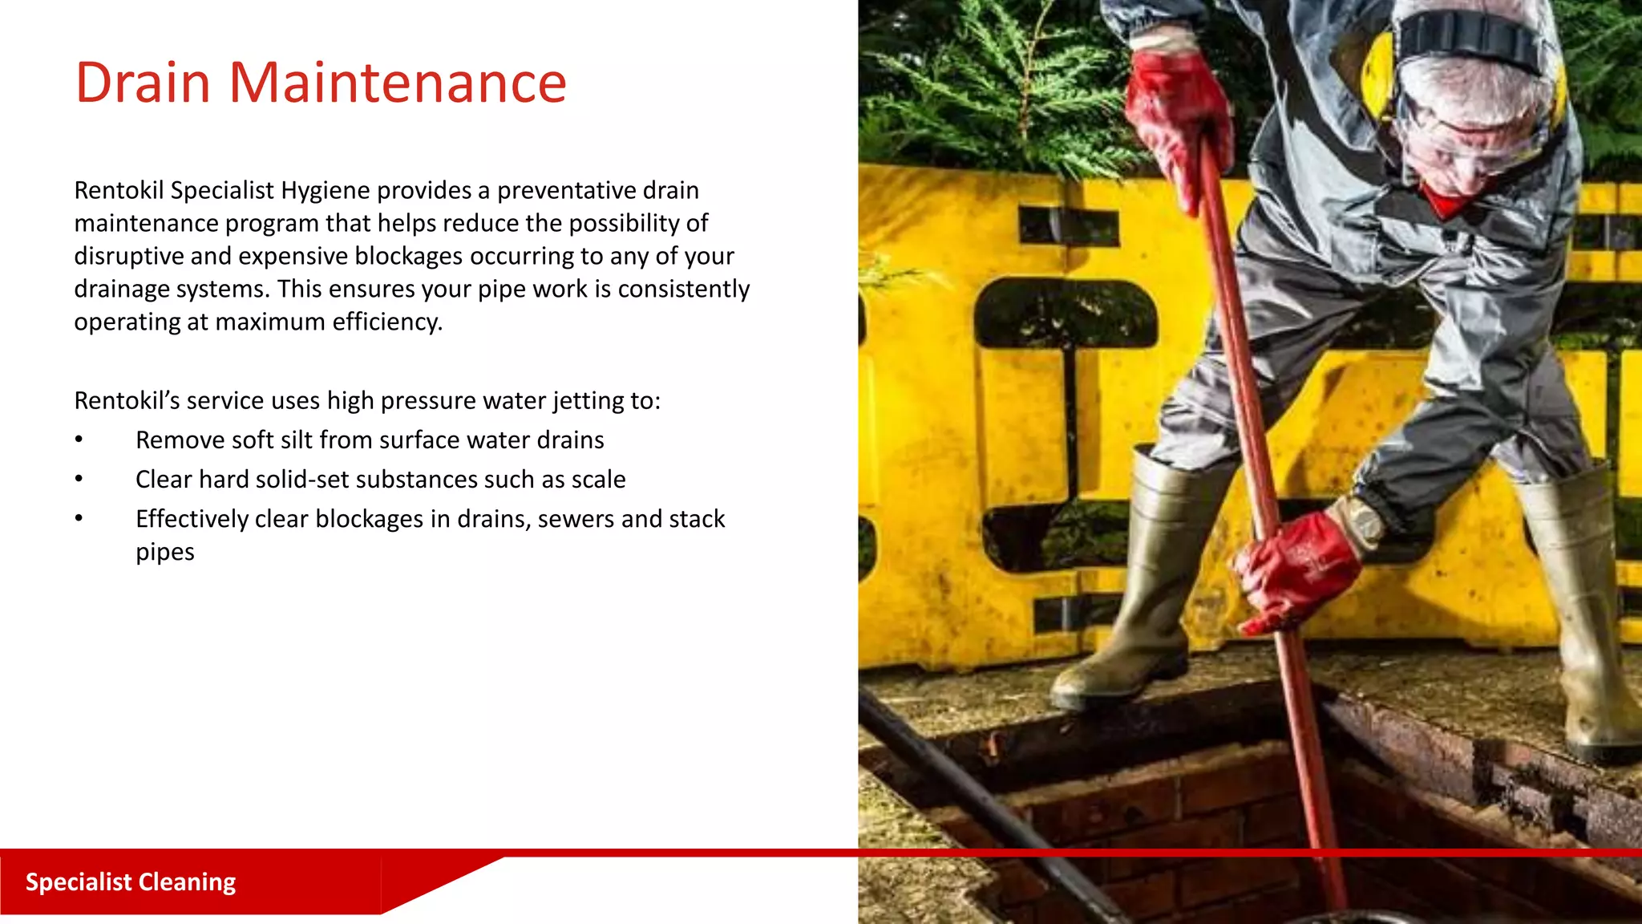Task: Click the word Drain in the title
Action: point(143,83)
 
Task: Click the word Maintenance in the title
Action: point(398,83)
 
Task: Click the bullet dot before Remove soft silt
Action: point(79,440)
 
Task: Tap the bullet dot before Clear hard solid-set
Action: point(79,480)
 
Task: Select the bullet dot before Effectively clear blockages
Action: point(79,519)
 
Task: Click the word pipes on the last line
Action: point(165,553)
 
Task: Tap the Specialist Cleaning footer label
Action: point(131,882)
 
